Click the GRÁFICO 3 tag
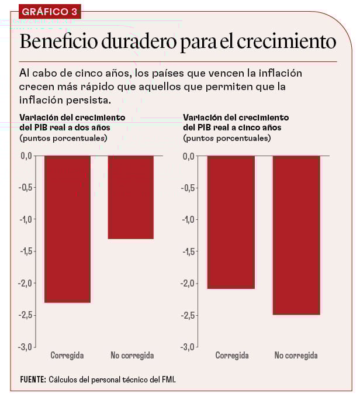[49, 12]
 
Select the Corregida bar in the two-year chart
[67, 229]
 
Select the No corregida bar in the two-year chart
[131, 197]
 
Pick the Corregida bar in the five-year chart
[231, 222]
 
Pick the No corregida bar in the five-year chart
[296, 235]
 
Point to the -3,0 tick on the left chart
[26, 347]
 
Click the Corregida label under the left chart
[67, 355]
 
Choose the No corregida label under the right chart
[296, 355]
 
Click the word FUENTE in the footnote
[33, 379]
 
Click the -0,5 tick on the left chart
[26, 188]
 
